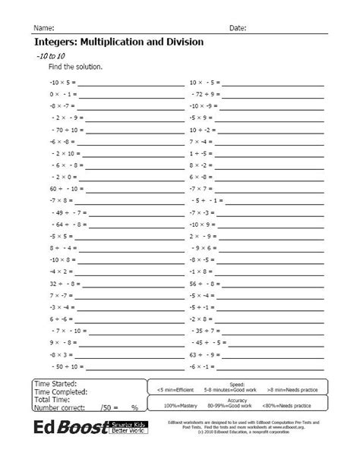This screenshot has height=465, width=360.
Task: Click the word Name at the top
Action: (43, 28)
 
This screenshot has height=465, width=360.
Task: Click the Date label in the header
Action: (237, 28)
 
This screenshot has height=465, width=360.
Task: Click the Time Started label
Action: (60, 385)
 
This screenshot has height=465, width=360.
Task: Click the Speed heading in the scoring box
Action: (237, 384)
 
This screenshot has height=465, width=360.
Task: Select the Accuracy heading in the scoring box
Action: (237, 399)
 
